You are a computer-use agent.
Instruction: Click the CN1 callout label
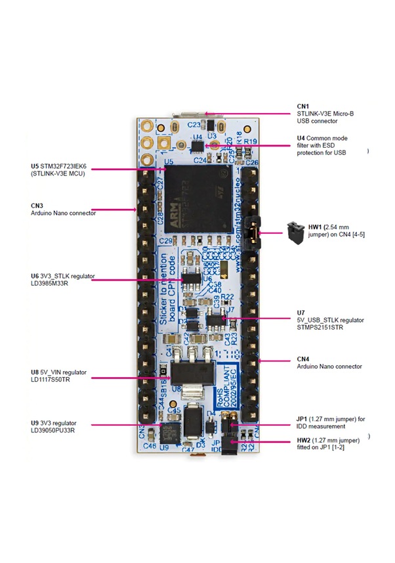[302, 105]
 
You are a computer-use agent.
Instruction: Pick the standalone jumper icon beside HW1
[294, 230]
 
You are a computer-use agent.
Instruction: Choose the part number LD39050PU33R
[53, 431]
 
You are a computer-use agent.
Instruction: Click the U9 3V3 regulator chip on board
[169, 434]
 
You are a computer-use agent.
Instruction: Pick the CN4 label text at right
[303, 358]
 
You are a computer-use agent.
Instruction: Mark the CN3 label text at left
[37, 205]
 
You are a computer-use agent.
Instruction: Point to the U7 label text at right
[301, 312]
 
